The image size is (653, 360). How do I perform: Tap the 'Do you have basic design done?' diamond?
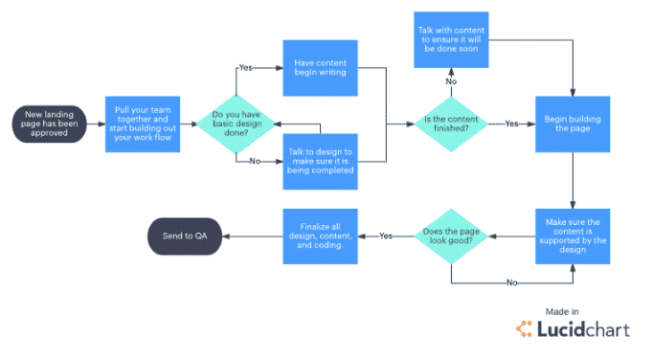(236, 124)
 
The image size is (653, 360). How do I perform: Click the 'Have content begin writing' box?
(320, 69)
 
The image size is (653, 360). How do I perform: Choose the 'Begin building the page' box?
(573, 124)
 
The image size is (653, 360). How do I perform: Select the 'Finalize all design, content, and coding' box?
(320, 236)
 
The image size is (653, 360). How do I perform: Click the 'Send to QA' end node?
(185, 236)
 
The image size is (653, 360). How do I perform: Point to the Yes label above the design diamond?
(246, 69)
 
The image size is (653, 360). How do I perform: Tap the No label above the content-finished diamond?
(451, 83)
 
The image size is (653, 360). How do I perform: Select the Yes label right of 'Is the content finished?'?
(511, 124)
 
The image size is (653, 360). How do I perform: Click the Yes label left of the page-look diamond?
(386, 236)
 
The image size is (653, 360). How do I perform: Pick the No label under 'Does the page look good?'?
(511, 283)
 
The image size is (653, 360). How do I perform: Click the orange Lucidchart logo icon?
(526, 328)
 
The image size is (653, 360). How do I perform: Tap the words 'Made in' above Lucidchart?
(562, 311)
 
